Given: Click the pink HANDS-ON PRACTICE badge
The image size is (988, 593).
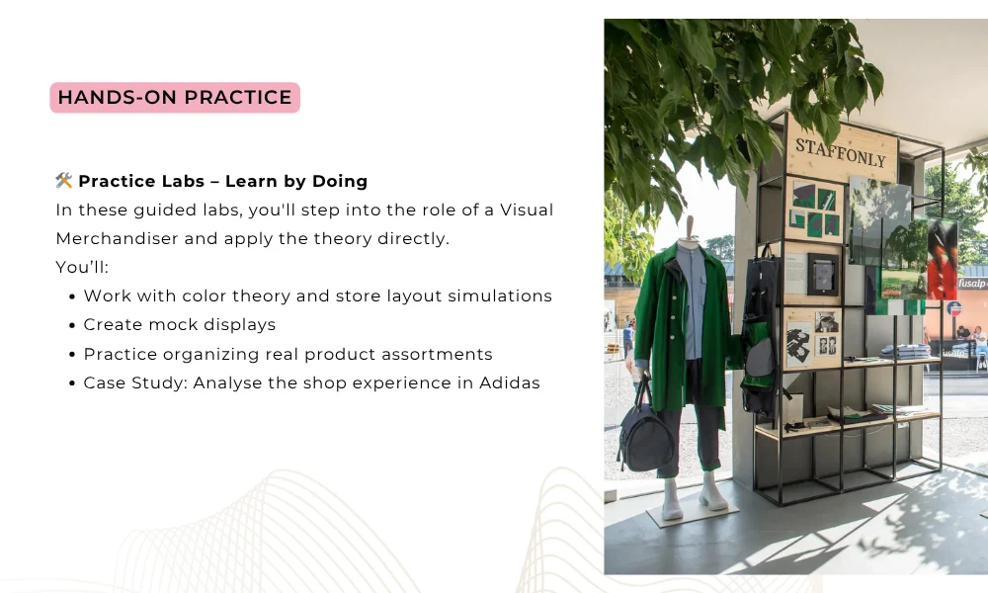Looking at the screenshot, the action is [175, 98].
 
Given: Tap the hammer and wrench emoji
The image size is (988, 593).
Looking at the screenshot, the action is [63, 181].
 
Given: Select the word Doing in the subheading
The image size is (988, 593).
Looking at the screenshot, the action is [340, 182].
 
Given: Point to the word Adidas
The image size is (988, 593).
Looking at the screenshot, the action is [509, 383].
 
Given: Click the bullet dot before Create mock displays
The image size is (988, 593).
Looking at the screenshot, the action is [72, 325].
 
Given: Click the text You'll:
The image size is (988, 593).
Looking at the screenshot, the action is [82, 267].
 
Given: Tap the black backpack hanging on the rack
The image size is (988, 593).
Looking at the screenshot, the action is [761, 334].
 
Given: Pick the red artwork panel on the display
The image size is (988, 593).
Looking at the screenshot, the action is [942, 258].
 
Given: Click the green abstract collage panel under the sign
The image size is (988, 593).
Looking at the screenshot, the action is [814, 209].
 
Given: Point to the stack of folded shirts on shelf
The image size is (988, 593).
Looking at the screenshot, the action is [904, 351].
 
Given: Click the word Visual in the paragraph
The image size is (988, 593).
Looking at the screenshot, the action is [527, 210].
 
